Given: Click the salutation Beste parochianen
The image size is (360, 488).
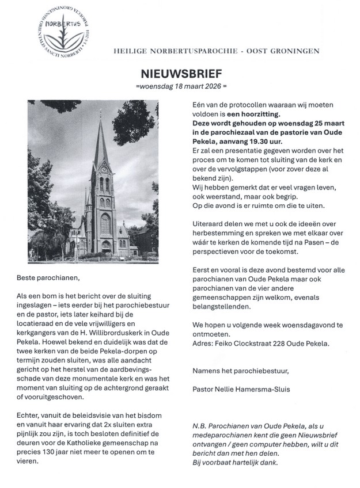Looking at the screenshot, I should pos(55,278).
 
